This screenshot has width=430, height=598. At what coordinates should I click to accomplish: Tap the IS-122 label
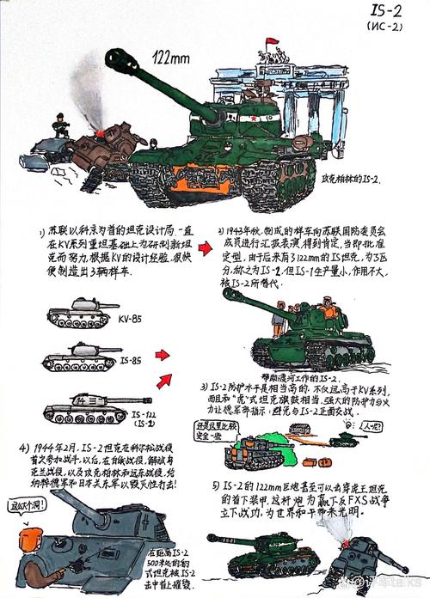(x=136, y=415)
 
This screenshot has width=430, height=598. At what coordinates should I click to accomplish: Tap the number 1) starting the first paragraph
(x=41, y=233)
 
